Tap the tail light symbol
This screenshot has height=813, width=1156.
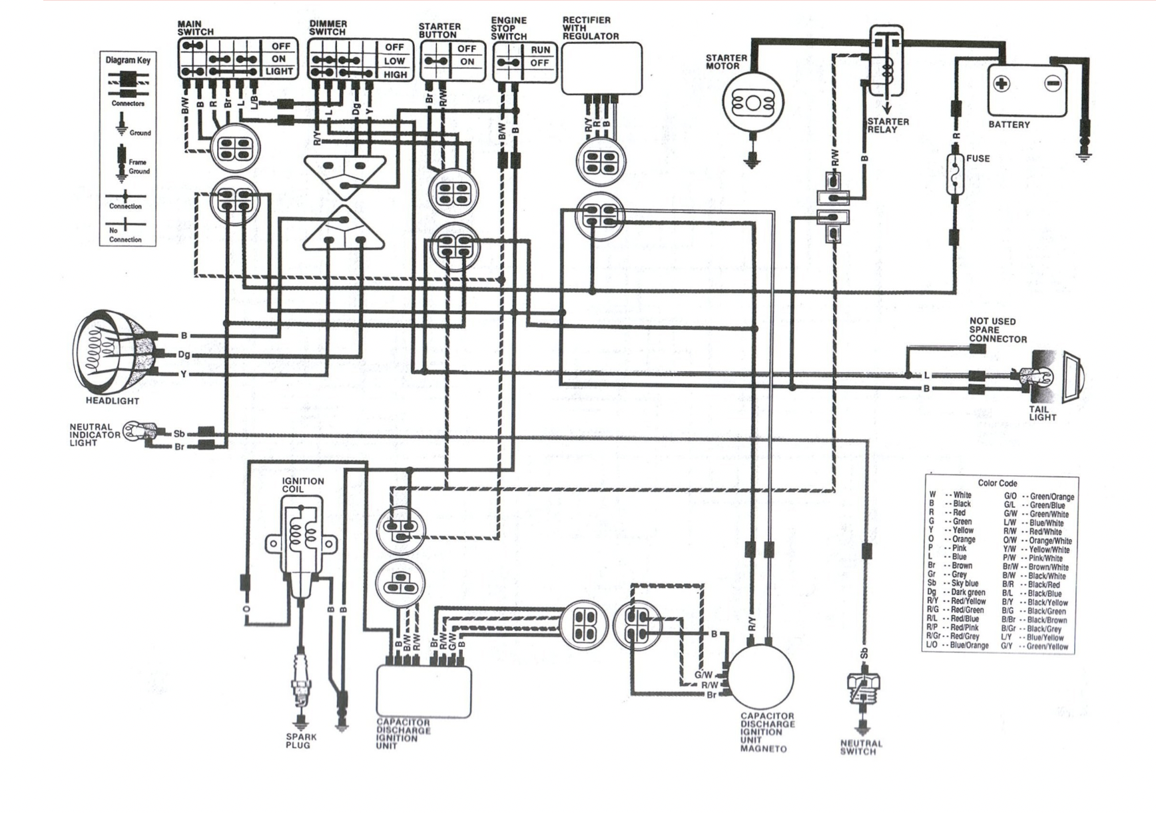1064,377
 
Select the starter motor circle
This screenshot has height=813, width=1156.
752,103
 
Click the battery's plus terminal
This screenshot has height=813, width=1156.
1001,84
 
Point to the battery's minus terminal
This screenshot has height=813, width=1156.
1053,84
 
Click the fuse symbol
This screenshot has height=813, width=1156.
956,175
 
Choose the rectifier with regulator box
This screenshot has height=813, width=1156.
601,69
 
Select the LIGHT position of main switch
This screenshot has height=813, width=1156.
279,71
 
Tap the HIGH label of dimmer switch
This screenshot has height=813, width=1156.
394,75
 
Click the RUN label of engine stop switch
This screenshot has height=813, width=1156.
540,50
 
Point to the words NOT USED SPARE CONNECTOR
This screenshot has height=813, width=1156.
997,330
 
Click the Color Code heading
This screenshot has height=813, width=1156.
997,483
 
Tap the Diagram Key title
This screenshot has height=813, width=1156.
128,60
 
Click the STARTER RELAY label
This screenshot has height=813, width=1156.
888,125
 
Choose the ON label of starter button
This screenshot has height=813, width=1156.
467,62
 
